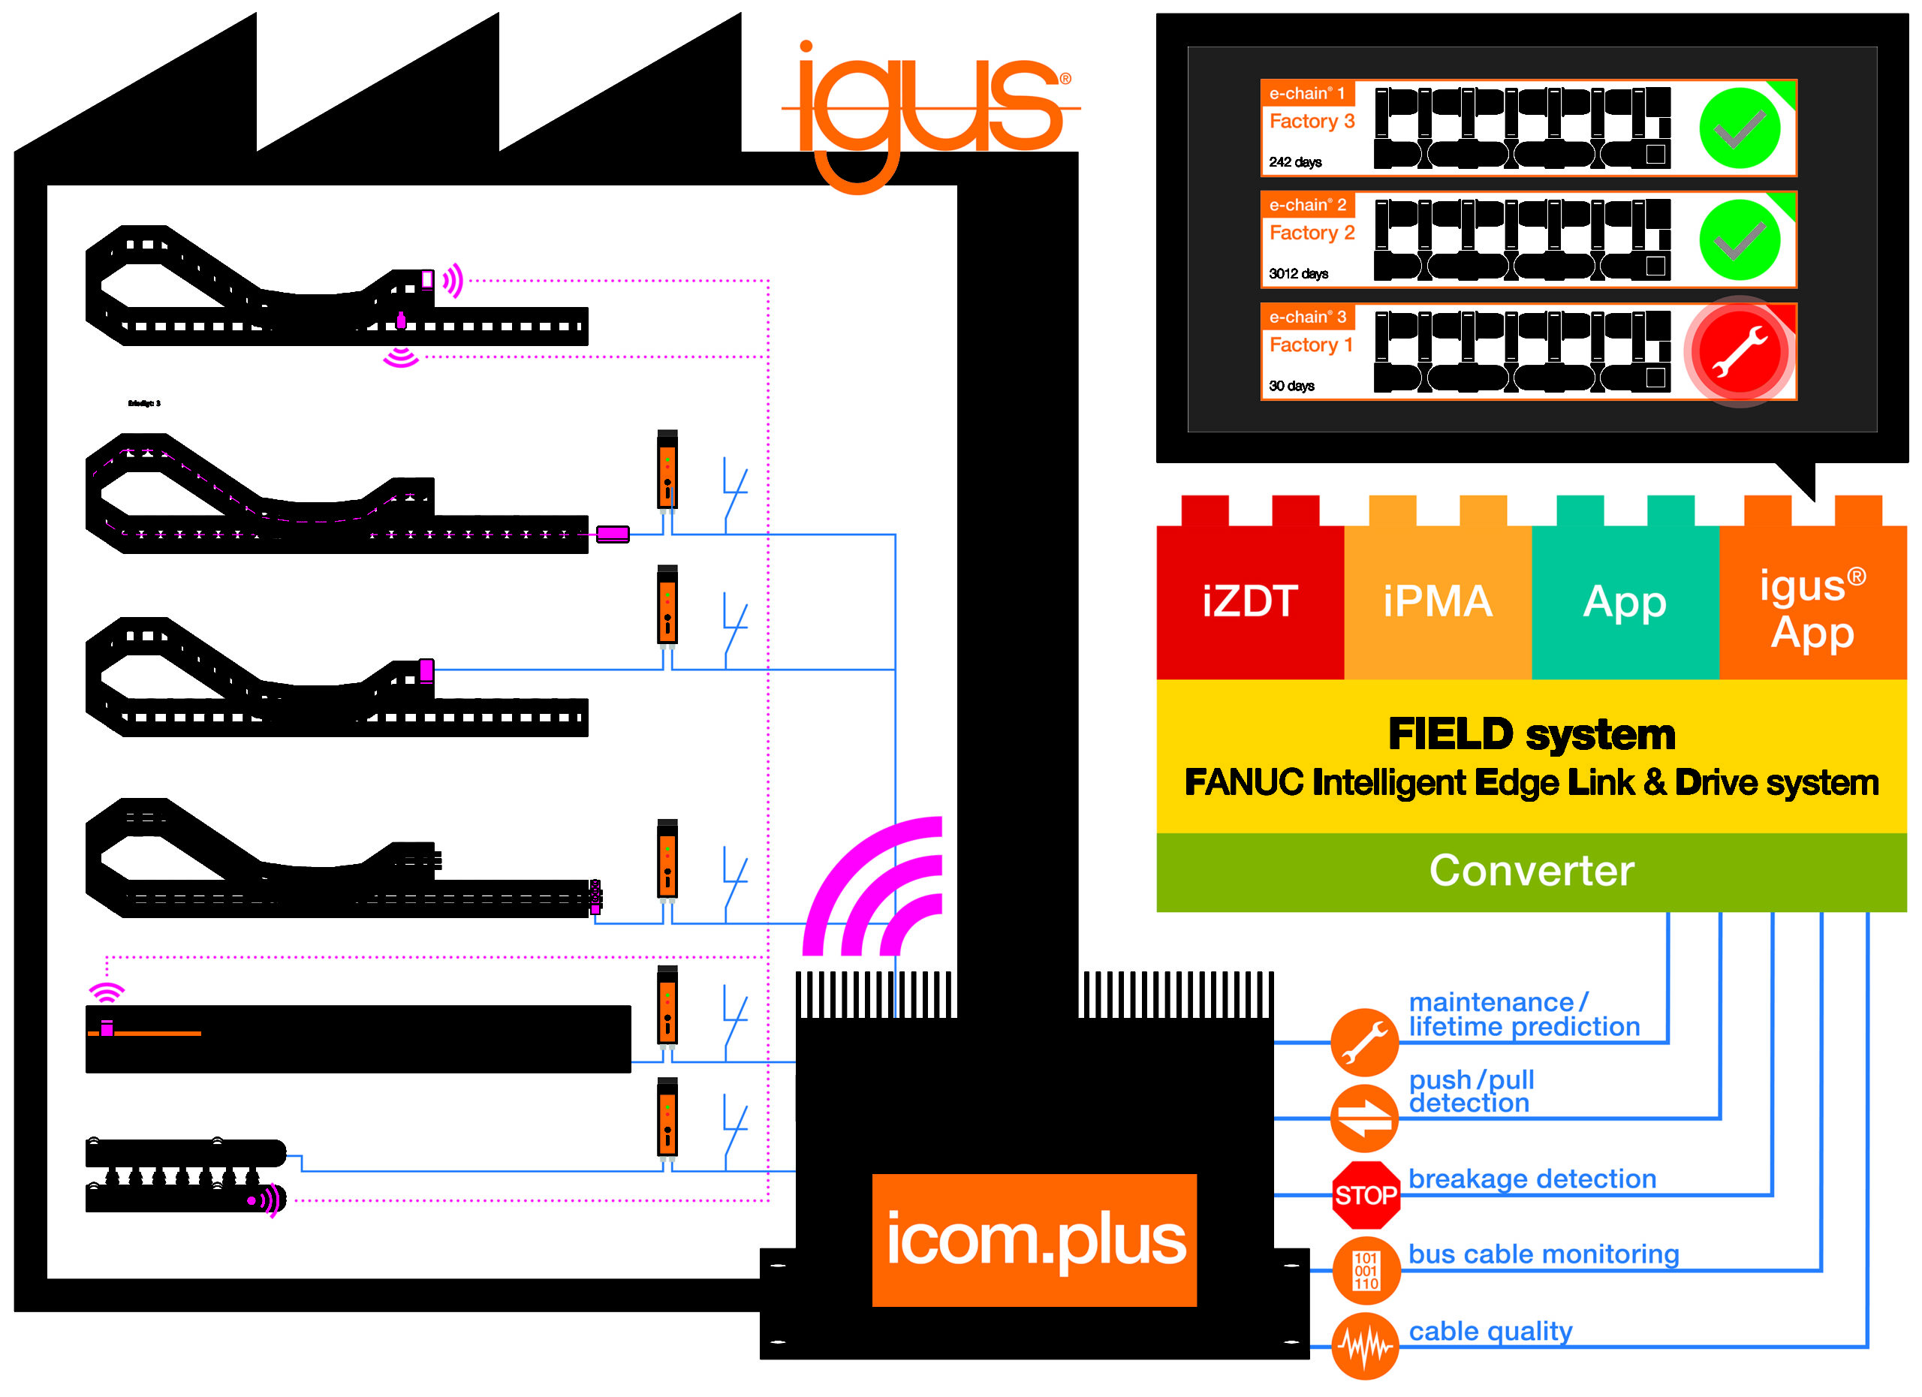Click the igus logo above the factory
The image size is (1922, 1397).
928,110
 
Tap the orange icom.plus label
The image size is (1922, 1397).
1034,1239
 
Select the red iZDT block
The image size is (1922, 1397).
1250,601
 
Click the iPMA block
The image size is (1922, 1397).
1437,601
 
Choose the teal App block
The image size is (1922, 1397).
1625,601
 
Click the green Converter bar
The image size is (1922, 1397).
1531,871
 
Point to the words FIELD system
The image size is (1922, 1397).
1531,733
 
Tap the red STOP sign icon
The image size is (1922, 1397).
1364,1194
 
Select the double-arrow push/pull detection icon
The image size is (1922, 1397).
1364,1119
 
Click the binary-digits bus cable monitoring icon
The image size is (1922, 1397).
1364,1270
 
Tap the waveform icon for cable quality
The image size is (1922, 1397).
1364,1345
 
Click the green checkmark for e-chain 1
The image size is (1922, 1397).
1739,129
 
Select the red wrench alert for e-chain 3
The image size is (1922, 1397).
1739,352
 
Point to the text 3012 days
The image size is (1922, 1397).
1298,274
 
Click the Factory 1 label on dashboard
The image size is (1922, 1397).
1311,345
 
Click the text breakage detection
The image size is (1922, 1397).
1532,1179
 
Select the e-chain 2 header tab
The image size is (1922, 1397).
1308,205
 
